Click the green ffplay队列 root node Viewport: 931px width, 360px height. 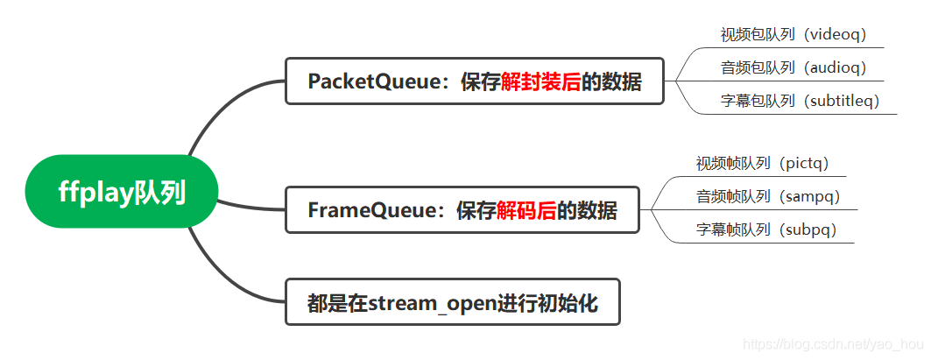coord(122,192)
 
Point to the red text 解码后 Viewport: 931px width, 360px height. coord(525,210)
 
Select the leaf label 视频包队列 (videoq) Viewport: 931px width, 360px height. coord(793,35)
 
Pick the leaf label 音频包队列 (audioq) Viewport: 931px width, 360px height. coord(793,67)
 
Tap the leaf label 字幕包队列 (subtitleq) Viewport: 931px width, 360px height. coord(799,101)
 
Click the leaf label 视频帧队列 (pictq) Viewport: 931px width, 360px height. coord(762,163)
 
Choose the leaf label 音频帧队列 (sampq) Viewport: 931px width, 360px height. coord(767,196)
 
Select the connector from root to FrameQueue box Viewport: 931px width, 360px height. coord(250,207)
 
